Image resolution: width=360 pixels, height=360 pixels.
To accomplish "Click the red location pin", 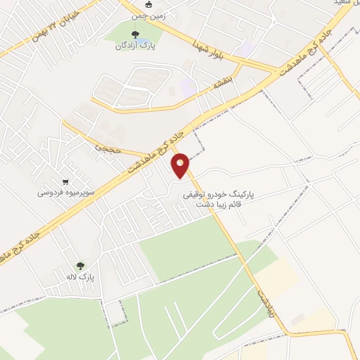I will point(181,165).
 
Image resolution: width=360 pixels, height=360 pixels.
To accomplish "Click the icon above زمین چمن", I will point(148,4).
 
